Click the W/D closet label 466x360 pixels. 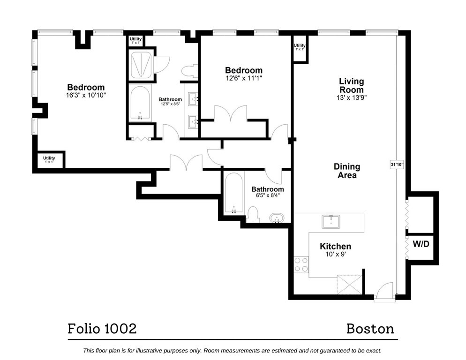421,244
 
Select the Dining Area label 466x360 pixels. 347,171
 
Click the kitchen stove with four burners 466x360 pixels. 301,264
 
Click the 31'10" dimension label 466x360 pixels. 397,165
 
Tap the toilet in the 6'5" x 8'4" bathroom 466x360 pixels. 253,216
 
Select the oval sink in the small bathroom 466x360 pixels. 276,218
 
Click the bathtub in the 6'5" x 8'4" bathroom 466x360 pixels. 233,195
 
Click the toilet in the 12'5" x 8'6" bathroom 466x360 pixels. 190,71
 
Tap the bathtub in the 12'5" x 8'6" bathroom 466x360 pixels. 140,103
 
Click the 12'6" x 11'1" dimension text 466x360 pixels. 243,79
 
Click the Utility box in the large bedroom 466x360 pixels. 49,160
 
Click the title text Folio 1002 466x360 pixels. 102,328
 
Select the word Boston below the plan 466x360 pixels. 370,328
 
